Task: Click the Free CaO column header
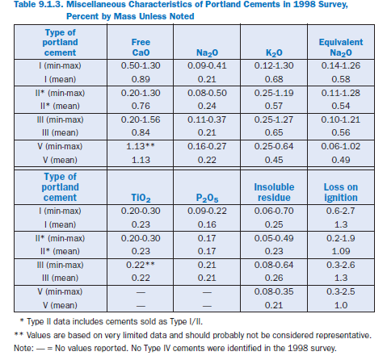(x=141, y=47)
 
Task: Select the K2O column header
(x=274, y=52)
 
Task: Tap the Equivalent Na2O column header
(x=341, y=47)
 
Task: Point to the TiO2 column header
(x=141, y=198)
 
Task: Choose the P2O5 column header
(x=207, y=198)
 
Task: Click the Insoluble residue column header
(x=274, y=192)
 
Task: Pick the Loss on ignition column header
(x=341, y=192)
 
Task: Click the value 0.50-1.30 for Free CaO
(x=141, y=65)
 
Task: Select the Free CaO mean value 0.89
(x=141, y=79)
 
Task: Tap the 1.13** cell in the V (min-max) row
(x=141, y=146)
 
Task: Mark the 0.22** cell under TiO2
(x=141, y=265)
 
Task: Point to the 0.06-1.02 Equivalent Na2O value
(x=341, y=146)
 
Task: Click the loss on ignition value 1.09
(x=341, y=251)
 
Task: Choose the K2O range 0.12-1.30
(x=274, y=65)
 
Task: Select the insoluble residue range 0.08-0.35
(x=274, y=291)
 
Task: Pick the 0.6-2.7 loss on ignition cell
(x=341, y=211)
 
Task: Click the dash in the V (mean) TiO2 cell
(x=141, y=306)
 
